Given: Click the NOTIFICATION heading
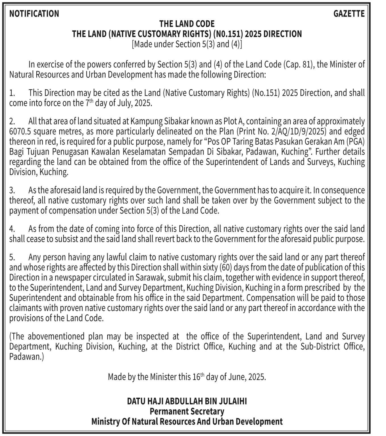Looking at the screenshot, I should [x=34, y=14].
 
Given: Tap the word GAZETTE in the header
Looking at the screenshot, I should [x=349, y=14].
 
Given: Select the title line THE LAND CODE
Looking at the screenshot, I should [x=187, y=24].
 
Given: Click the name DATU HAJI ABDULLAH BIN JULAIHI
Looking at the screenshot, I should [x=187, y=401].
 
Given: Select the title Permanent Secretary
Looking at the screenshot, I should [x=187, y=411].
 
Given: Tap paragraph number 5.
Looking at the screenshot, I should [x=12, y=257].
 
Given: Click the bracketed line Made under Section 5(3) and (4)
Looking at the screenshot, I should [x=187, y=44].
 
